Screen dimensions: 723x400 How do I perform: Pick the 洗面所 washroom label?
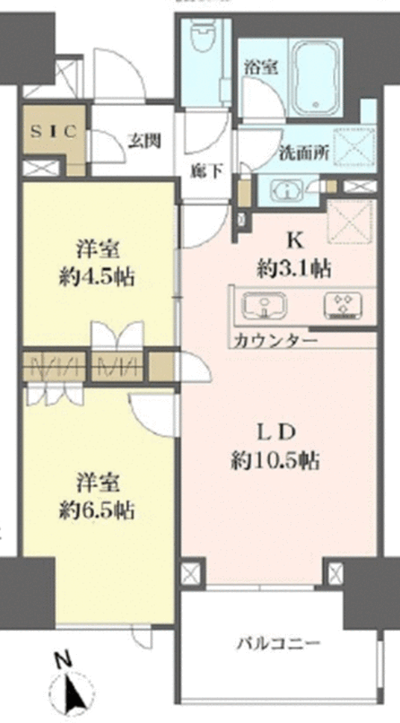point(304,152)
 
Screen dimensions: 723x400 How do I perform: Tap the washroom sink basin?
point(287,192)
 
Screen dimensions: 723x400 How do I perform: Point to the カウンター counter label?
point(275,341)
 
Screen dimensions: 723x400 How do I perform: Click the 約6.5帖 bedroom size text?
point(97,510)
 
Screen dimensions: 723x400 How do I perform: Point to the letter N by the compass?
point(66,660)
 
